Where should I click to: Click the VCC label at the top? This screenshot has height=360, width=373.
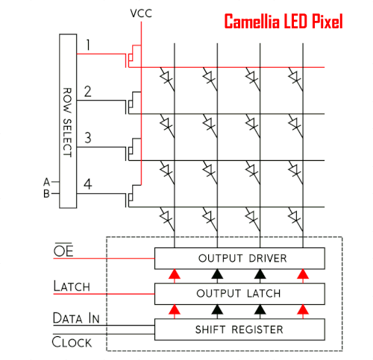point(141,13)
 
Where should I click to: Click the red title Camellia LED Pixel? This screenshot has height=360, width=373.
point(283,22)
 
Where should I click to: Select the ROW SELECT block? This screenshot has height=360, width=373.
point(68,121)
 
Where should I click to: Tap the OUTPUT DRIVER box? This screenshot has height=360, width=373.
point(239,259)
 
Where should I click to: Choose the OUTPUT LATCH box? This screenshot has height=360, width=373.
point(239,294)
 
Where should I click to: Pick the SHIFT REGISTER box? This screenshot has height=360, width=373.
point(239,329)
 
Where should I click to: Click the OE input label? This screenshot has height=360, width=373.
point(63,250)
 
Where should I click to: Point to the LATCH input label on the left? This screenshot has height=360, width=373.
point(72,286)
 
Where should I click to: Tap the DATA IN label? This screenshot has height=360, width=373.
point(76,318)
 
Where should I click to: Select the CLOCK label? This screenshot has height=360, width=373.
point(72,342)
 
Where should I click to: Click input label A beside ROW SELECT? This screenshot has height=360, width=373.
point(46,182)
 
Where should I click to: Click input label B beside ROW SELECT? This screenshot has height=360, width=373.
point(46,194)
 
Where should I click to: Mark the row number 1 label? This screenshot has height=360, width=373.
point(88,45)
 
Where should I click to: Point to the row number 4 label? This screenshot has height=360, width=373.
point(88,184)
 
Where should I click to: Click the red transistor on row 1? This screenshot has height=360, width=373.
point(134,56)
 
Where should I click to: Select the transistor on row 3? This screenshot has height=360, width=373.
point(134,150)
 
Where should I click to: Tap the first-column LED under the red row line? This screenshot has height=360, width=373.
point(167,79)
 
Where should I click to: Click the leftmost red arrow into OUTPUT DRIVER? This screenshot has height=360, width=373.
point(175,276)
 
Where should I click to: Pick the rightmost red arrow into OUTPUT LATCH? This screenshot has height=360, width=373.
point(303,312)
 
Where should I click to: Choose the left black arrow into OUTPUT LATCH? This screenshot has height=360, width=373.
point(217,312)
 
